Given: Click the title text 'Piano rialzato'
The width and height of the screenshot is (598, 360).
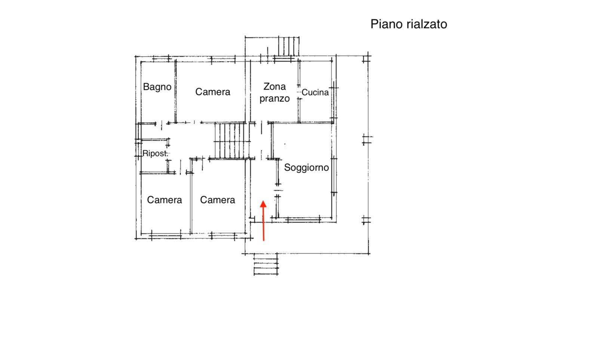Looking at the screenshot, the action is tap(409, 24).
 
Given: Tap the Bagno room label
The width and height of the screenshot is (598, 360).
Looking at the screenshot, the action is tap(157, 87).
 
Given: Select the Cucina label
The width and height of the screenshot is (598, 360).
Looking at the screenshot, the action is tap(315, 93).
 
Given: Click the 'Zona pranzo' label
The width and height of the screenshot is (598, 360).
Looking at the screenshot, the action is tap(274, 92).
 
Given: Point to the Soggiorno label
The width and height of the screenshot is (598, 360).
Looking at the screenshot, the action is tap(306, 168).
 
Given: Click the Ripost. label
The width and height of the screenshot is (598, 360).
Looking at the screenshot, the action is tap(155, 153).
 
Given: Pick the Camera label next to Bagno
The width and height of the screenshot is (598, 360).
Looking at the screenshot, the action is tap(213, 92).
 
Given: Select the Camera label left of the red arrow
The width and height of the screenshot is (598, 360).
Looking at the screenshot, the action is tap(218, 200).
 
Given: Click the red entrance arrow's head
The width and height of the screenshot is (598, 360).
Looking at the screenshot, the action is tap(263, 204).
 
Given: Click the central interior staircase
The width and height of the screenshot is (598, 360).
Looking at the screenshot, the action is tap(232, 140).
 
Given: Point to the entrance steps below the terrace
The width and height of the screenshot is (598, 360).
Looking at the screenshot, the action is tap(266, 264).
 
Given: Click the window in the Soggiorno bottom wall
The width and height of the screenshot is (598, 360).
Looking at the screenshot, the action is tap(303, 220).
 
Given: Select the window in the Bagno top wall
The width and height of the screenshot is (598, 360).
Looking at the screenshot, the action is tap(161, 59).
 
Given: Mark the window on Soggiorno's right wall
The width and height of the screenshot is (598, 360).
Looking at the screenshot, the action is tap(334, 176).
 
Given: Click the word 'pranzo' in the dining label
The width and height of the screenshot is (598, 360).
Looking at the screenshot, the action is tap(274, 99).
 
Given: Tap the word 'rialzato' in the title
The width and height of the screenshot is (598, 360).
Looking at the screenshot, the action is tap(427, 24).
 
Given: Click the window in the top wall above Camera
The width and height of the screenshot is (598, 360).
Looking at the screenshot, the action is tap(223, 59).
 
